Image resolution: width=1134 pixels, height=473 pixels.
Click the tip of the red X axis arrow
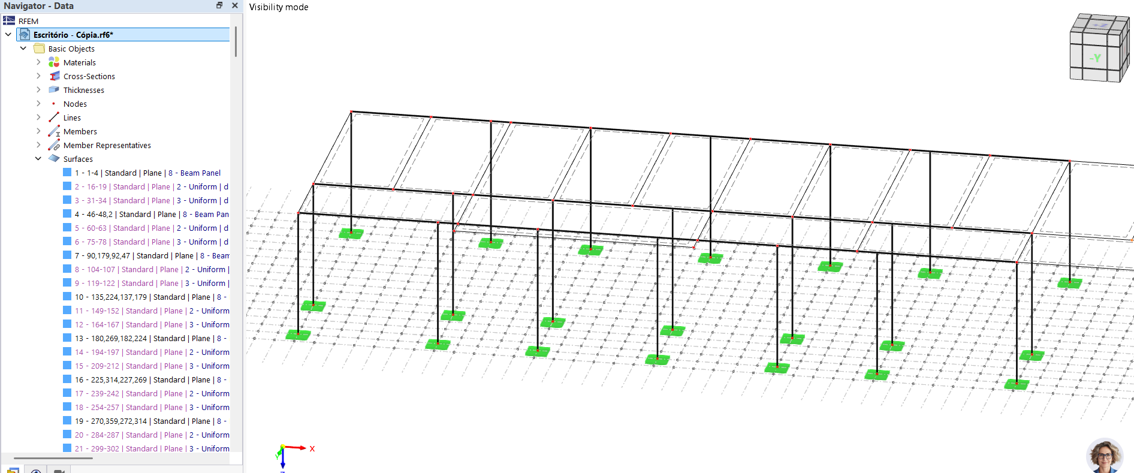306,448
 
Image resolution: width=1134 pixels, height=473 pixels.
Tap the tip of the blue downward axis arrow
283,467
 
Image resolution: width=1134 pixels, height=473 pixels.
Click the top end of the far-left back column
351,112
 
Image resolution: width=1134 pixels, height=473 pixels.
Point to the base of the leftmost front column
298,333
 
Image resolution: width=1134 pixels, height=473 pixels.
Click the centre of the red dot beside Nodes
54,104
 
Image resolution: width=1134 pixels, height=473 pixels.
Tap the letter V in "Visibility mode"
252,7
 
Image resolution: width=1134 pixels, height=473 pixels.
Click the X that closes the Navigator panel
235,5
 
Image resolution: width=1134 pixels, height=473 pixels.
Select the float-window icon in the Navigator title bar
219,5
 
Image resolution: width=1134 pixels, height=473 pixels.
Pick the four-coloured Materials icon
54,62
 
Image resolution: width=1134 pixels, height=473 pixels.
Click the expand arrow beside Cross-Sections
38,76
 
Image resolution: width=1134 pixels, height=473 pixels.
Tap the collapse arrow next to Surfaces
38,159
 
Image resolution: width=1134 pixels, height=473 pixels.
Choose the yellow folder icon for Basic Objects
40,49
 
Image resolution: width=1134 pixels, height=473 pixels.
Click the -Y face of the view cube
1094,58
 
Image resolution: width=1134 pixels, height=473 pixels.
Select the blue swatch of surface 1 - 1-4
67,173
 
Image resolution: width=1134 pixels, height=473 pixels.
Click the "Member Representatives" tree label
107,145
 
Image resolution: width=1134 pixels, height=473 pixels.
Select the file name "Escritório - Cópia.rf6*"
73,35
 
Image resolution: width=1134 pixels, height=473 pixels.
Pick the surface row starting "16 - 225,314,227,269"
150,379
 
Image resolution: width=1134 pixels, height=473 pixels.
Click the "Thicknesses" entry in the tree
84,90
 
